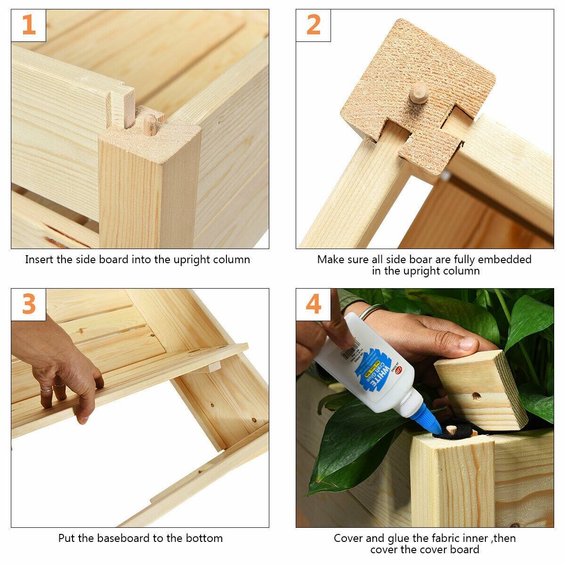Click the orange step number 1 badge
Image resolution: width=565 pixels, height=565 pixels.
[x=29, y=25]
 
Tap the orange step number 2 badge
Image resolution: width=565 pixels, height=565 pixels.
[x=313, y=25]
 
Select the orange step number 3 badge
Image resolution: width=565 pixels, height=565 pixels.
[x=29, y=305]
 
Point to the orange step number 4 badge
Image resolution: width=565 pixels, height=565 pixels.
[x=313, y=305]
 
